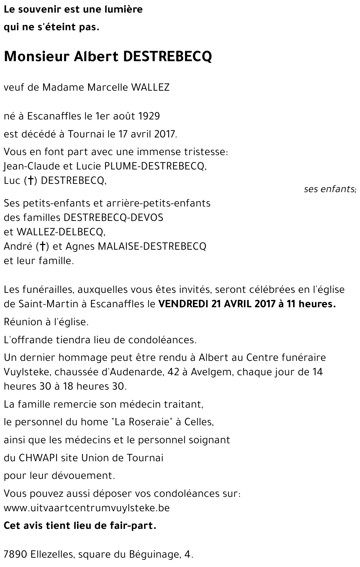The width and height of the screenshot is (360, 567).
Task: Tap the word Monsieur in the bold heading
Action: coord(36,56)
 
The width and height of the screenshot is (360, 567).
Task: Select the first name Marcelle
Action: coord(103,87)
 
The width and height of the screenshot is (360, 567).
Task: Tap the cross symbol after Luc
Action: coord(31,181)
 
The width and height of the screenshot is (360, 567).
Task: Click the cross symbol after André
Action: coord(42,246)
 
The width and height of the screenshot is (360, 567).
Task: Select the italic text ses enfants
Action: coord(329,189)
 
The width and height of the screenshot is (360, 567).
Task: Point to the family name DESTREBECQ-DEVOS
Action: coord(113,218)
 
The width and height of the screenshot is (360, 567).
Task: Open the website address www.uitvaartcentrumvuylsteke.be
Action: coord(86,508)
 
